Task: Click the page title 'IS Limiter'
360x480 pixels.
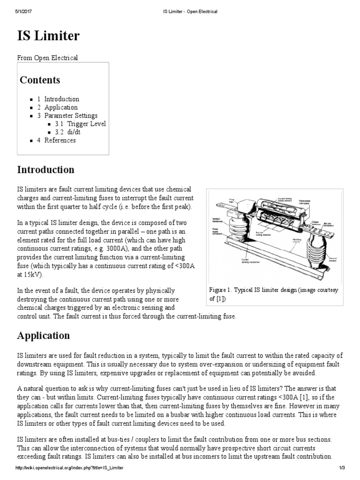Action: tap(48, 36)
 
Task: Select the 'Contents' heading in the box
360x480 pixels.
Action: tap(40, 80)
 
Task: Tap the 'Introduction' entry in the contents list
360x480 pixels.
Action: tap(61, 99)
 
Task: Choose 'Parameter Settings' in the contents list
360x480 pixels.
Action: tap(71, 115)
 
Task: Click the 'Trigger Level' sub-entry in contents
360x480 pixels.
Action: tap(86, 124)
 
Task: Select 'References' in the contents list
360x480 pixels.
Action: tap(60, 140)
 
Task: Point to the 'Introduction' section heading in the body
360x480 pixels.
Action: tap(45, 169)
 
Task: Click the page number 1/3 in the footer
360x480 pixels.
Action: tap(342, 468)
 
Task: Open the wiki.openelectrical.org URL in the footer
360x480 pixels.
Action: tap(70, 468)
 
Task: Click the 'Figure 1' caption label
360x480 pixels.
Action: tap(221, 290)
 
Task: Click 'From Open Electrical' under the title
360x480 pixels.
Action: tap(47, 58)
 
